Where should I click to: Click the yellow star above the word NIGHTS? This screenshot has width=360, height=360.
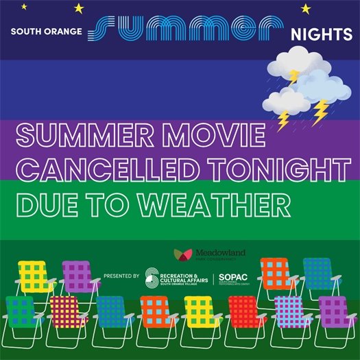306,8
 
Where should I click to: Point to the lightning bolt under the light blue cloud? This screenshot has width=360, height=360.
320,112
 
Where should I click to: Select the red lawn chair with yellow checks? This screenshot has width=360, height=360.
246,312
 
